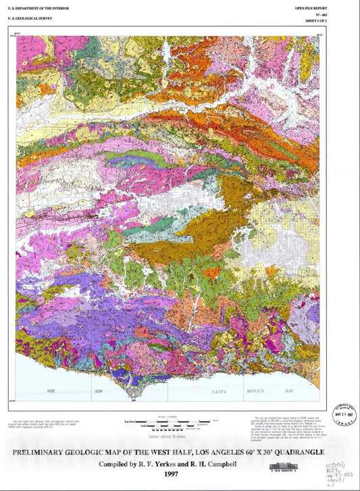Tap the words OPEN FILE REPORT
(310, 7)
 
